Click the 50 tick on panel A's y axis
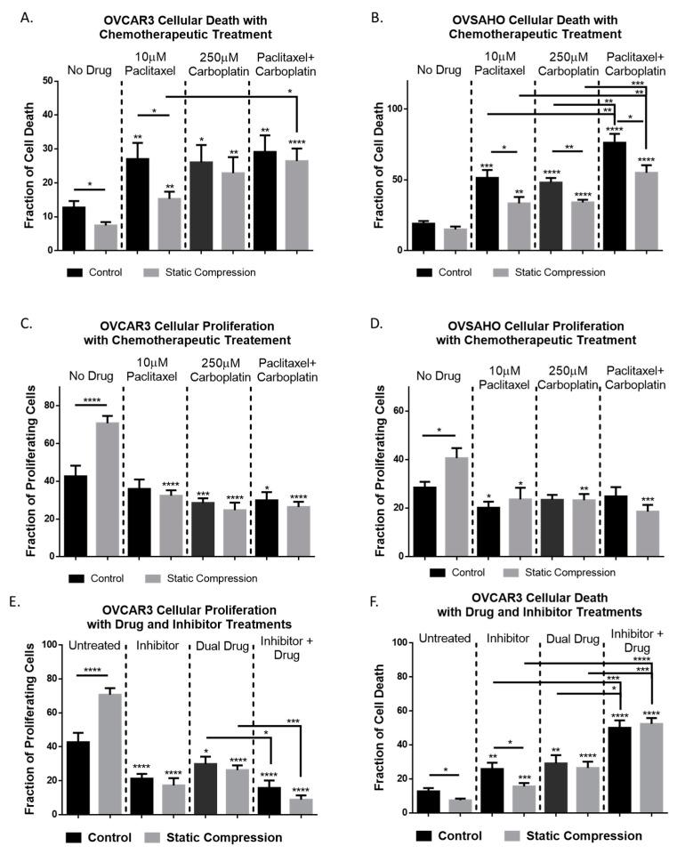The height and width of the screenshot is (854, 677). pyautogui.click(x=46, y=81)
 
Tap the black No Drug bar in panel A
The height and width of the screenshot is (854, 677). pyautogui.click(x=74, y=228)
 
